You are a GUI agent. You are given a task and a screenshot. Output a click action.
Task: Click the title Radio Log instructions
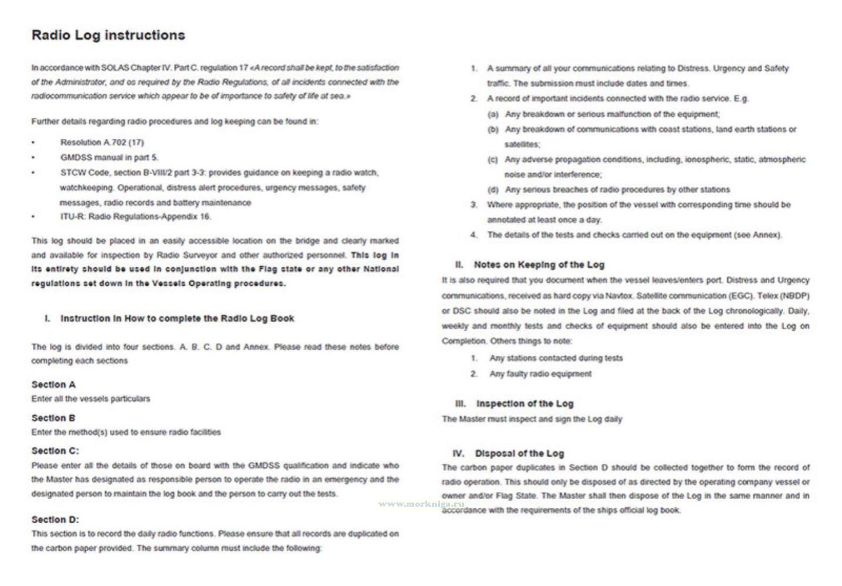108,35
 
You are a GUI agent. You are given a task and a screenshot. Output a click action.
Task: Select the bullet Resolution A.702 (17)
102,142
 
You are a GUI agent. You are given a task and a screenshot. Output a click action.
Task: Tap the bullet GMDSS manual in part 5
109,158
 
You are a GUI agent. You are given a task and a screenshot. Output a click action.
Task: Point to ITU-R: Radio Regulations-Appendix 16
135,216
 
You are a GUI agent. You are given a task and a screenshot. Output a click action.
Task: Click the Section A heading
53,385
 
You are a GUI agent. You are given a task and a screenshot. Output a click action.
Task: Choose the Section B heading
53,418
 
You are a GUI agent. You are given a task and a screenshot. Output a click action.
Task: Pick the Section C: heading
55,451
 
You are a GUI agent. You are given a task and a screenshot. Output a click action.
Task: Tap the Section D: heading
55,519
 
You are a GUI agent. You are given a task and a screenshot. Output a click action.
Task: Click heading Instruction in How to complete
177,319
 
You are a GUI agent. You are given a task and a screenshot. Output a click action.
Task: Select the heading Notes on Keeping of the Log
539,265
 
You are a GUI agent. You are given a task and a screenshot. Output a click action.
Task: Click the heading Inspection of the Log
525,403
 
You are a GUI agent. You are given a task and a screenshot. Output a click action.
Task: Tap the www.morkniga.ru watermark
421,504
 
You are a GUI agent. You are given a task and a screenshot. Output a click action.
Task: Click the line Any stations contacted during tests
556,358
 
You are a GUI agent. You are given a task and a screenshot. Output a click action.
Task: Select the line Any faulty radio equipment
541,374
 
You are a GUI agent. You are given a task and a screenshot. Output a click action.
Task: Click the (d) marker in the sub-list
493,190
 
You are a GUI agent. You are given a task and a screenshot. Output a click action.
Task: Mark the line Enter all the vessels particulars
91,399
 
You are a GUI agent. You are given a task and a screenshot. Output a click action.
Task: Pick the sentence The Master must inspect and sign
532,419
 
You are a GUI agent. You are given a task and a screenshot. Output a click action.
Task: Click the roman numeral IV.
458,453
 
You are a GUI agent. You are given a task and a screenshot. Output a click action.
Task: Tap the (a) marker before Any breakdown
493,114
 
